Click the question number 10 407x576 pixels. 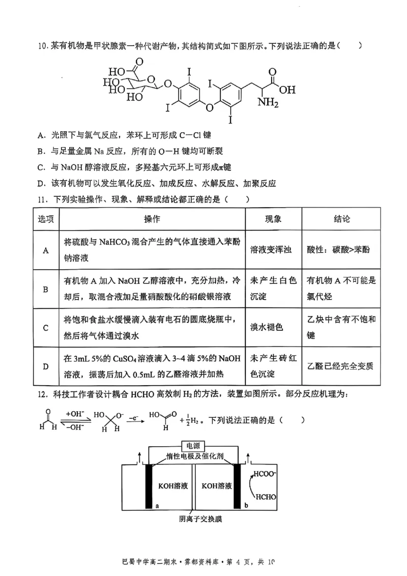click(x=42, y=46)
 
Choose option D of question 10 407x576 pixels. click(x=42, y=183)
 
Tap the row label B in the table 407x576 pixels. click(x=45, y=289)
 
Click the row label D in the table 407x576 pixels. click(x=45, y=366)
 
